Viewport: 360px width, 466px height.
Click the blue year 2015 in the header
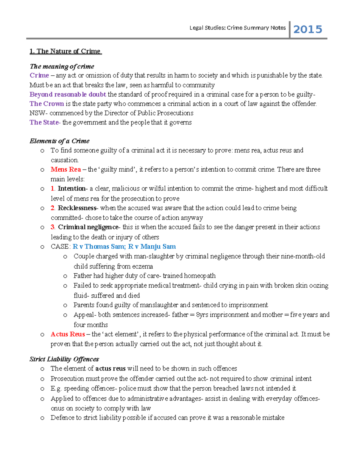(307, 29)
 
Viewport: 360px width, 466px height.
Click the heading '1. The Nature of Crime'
(65, 51)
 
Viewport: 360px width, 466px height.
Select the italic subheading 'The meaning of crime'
(62, 66)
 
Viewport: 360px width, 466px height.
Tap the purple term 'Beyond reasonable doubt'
(68, 94)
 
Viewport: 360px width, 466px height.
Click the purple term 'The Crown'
(46, 104)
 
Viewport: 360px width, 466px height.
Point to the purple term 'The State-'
(45, 122)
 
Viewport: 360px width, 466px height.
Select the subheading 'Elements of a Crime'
(59, 141)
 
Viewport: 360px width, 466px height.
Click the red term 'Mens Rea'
(66, 169)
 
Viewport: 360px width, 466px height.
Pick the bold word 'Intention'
(72, 188)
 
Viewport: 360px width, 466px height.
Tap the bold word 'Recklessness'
(77, 208)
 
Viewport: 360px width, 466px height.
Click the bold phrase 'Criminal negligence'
(88, 227)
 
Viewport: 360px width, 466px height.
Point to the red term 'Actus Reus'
(68, 334)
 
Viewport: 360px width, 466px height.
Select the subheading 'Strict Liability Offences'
(64, 359)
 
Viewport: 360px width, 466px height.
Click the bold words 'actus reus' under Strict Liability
(110, 368)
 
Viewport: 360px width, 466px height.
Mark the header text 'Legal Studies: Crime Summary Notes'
(238, 28)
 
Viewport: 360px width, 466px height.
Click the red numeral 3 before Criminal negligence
(52, 227)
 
